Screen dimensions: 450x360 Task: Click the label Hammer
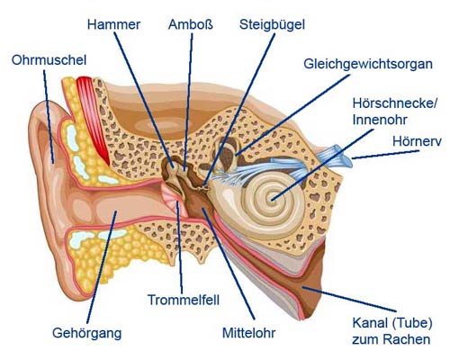tap(113, 24)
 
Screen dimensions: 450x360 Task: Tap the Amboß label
tap(191, 24)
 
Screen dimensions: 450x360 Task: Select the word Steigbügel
tap(272, 25)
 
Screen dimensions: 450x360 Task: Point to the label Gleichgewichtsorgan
tap(368, 65)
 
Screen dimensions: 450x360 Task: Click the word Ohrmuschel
tap(49, 60)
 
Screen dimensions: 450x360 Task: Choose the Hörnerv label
tap(417, 141)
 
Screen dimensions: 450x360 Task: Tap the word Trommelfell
tap(184, 300)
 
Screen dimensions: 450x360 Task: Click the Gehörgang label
tap(87, 334)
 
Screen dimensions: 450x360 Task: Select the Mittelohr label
tap(249, 333)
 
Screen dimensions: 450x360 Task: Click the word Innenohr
tap(380, 120)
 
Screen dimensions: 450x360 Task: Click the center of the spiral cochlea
tap(273, 200)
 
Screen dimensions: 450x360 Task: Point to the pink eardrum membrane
tap(171, 196)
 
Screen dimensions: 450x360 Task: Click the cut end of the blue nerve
tap(346, 157)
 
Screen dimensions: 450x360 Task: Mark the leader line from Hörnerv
tap(385, 155)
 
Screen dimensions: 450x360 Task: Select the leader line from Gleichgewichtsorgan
tap(293, 115)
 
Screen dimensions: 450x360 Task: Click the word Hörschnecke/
tap(395, 103)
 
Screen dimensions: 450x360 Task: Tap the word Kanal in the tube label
tap(368, 323)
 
